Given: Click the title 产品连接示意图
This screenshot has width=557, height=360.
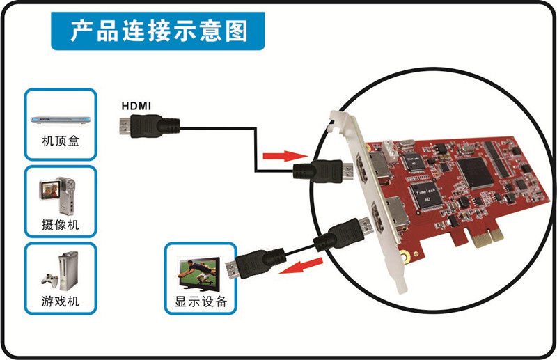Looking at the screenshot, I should pyautogui.click(x=159, y=31).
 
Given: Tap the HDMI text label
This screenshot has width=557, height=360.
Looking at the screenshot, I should pyautogui.click(x=137, y=106).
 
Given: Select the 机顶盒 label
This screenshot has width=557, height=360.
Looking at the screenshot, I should pyautogui.click(x=59, y=148).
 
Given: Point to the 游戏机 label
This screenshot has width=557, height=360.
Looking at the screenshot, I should pyautogui.click(x=60, y=302).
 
